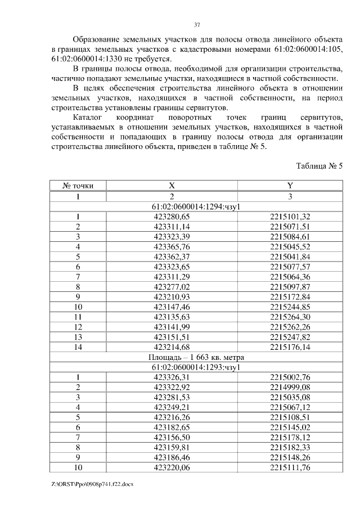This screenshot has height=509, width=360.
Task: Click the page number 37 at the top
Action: [x=197, y=25]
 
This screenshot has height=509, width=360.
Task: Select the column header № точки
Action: [x=78, y=185]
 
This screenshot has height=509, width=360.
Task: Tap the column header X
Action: [x=172, y=185]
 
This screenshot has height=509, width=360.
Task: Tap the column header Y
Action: [x=290, y=185]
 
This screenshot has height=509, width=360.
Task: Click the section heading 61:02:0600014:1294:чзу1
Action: [x=196, y=206]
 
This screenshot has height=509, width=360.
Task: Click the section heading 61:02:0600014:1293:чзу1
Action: [x=196, y=367]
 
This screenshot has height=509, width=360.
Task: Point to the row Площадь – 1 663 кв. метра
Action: [x=196, y=357]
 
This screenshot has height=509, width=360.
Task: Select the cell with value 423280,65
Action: [x=172, y=217]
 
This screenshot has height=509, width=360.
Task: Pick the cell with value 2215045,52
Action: [x=290, y=246]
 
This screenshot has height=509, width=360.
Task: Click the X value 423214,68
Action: [x=172, y=346]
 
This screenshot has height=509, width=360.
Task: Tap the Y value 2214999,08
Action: [x=290, y=387]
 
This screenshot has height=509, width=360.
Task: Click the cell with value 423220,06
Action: [x=172, y=467]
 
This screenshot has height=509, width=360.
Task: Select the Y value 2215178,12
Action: [x=290, y=437]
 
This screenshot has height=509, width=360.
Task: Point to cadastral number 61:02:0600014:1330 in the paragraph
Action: [x=90, y=58]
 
